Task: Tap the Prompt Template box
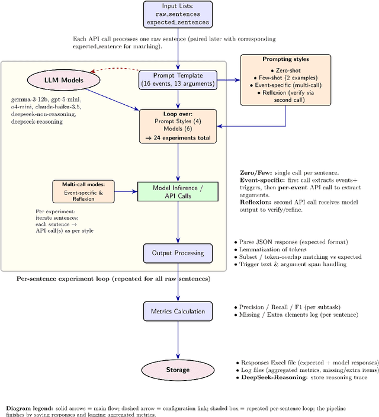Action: tap(178, 79)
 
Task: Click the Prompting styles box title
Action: tap(285, 60)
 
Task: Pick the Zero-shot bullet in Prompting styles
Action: tap(285, 70)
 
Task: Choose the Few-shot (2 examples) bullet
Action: tap(285, 78)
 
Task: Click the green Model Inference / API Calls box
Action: tap(178, 191)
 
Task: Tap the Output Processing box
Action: tap(178, 253)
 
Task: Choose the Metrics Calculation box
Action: tap(178, 311)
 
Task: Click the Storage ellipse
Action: tap(178, 370)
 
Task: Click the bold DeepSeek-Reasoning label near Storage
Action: tap(269, 377)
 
